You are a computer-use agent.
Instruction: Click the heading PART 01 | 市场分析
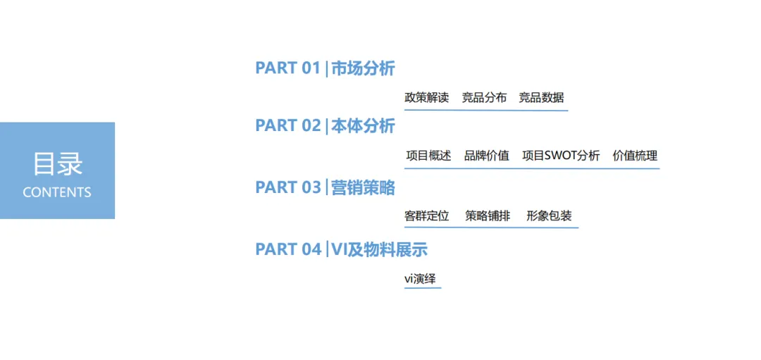pyautogui.click(x=325, y=68)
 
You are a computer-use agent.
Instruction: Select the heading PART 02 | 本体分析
pyautogui.click(x=325, y=125)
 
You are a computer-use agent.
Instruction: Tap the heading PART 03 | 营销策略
pyautogui.click(x=325, y=187)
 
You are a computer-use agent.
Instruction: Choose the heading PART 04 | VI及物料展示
pyautogui.click(x=341, y=249)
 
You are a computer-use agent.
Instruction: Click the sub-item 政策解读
pyautogui.click(x=426, y=98)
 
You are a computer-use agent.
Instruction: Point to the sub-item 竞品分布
pyautogui.click(x=484, y=98)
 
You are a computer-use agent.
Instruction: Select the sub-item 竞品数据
pyautogui.click(x=541, y=98)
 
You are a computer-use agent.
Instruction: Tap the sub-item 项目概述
pyautogui.click(x=428, y=156)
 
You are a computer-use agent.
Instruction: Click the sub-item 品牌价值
pyautogui.click(x=486, y=156)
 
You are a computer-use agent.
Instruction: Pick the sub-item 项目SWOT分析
pyautogui.click(x=561, y=156)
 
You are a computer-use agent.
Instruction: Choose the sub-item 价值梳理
pyautogui.click(x=635, y=156)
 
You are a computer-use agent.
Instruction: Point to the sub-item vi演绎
pyautogui.click(x=420, y=279)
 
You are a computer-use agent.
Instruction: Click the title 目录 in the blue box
pyautogui.click(x=57, y=163)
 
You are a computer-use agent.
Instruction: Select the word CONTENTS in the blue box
pyautogui.click(x=57, y=192)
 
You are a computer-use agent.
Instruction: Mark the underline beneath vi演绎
pyautogui.click(x=422, y=288)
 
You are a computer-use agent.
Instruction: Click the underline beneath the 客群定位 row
pyautogui.click(x=491, y=228)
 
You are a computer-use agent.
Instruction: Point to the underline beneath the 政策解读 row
pyautogui.click(x=485, y=110)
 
